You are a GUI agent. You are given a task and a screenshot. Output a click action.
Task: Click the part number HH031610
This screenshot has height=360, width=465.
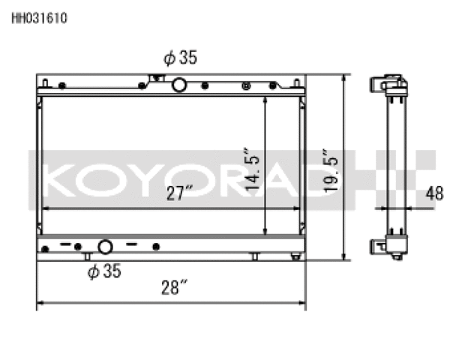pyautogui.click(x=40, y=18)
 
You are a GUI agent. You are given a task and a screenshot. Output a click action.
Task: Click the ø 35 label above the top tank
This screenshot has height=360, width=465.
pyautogui.click(x=180, y=58)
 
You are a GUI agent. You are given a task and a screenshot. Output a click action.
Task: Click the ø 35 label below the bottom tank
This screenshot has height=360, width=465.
pyautogui.click(x=104, y=271)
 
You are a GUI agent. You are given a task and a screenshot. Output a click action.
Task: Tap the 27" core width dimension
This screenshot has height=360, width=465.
pyautogui.click(x=180, y=193)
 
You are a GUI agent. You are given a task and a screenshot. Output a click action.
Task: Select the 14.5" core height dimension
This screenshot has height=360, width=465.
pyautogui.click(x=252, y=169)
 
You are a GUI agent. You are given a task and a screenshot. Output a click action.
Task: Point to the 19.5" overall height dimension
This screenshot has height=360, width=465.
pyautogui.click(x=330, y=170)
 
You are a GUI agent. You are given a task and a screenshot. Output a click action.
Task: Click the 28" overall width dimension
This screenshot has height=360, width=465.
pyautogui.click(x=174, y=287)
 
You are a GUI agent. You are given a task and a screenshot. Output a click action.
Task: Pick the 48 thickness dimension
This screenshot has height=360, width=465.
pyautogui.click(x=434, y=193)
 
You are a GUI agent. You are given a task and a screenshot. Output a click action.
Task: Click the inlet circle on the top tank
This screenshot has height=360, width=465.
pyautogui.click(x=179, y=85)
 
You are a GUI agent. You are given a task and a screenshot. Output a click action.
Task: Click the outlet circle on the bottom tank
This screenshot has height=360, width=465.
pyautogui.click(x=105, y=247)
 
